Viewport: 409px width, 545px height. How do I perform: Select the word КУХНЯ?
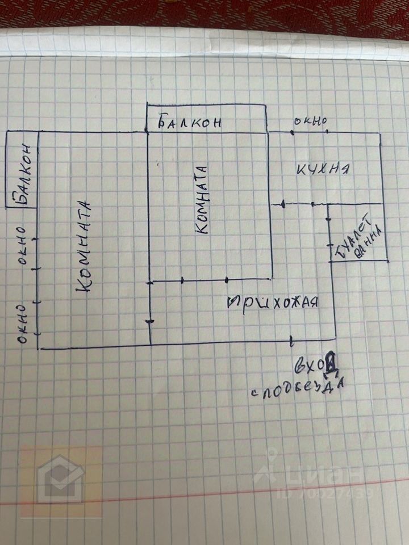[x=322, y=168]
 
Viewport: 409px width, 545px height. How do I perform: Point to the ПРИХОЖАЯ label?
[x=271, y=301]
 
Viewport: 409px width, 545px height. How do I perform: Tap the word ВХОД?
[x=312, y=363]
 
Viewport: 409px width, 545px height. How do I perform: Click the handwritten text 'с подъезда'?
[x=299, y=389]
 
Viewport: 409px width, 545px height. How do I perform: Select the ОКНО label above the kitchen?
[x=310, y=121]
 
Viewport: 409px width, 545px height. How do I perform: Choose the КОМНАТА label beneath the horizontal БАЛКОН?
[x=203, y=199]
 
